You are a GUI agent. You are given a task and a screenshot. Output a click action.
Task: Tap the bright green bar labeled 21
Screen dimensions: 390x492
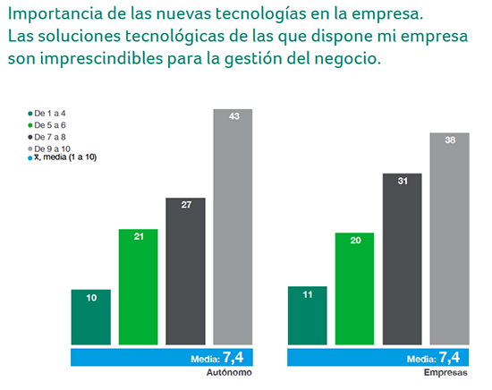138,286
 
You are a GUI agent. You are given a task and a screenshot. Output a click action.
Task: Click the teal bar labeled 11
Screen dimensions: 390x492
307,315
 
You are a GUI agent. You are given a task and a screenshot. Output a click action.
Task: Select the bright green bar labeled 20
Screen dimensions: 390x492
354,289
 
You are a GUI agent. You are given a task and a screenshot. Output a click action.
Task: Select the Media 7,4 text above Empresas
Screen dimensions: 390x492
435,358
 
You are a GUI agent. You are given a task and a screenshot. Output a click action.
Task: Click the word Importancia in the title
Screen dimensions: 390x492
49,16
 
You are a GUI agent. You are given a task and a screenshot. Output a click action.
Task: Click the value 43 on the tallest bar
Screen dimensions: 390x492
233,118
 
